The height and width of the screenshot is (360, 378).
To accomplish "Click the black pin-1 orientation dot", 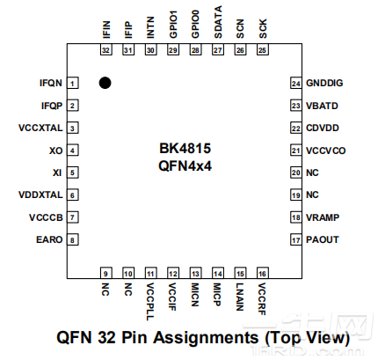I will pos(105,84).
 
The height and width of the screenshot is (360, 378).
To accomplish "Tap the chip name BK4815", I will pos(185,149).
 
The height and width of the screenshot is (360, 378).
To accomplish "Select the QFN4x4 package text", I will pos(185,165).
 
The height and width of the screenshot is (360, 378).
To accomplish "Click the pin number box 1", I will pos(73,83).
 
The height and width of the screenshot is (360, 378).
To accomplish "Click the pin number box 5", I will pos(73,173).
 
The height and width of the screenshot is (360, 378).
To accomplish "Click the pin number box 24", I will pos(296,83).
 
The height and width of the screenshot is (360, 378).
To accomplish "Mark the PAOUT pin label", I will pos(322,239).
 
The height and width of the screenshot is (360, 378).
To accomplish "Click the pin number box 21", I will pos(296,151).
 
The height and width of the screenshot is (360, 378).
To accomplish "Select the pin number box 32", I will pos(105,50).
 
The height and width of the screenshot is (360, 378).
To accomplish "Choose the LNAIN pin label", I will pos(240,297).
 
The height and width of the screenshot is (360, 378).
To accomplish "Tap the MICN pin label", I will pos(195,295).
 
